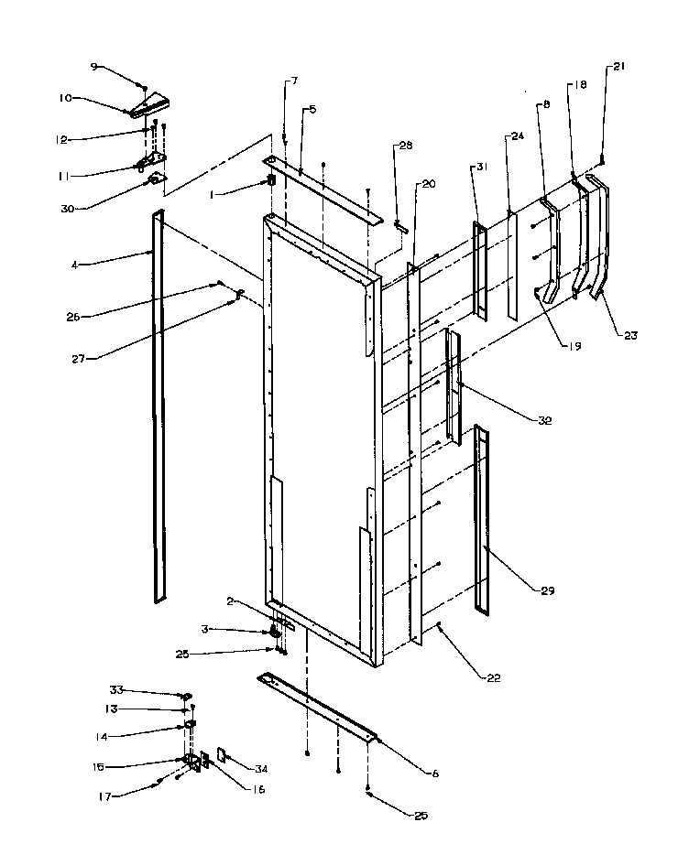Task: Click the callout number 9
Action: click(x=93, y=68)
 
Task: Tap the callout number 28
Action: click(x=404, y=146)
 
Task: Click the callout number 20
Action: click(x=428, y=183)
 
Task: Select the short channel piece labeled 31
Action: click(x=480, y=270)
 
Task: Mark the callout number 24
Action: click(x=517, y=137)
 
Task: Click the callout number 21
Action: click(x=618, y=67)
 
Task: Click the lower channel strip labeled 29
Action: click(x=482, y=517)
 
